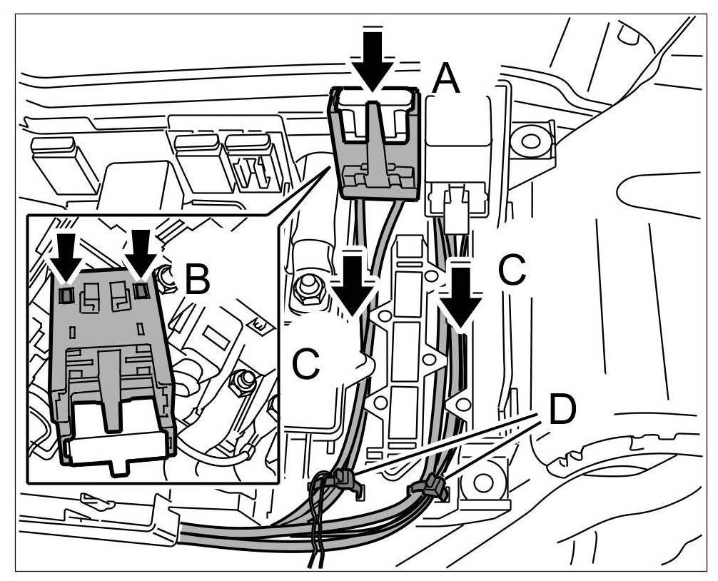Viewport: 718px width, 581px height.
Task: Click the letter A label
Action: pyautogui.click(x=445, y=78)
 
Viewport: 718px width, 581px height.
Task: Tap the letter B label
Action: pyautogui.click(x=196, y=281)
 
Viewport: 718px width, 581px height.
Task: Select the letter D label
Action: pyautogui.click(x=562, y=409)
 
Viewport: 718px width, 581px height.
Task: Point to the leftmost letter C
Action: pyautogui.click(x=306, y=365)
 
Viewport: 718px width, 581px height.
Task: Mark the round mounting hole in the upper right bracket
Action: pyautogui.click(x=530, y=139)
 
